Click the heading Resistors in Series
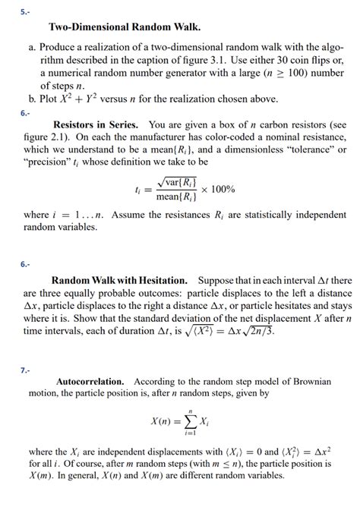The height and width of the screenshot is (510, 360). click(x=96, y=124)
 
